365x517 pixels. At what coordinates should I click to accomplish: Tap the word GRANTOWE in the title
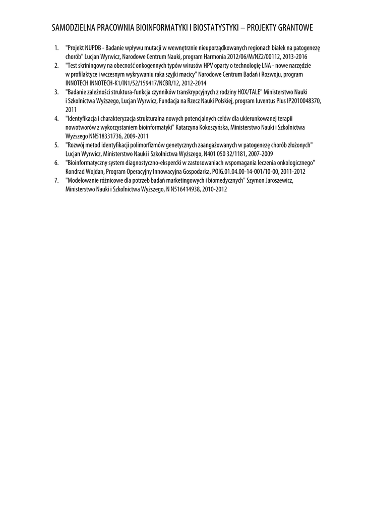point(292,27)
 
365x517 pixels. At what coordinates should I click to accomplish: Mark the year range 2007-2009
point(259,153)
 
